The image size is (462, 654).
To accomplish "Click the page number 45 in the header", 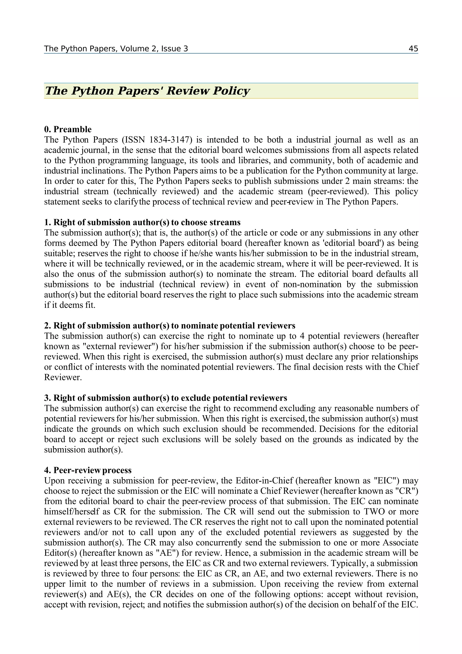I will [x=413, y=49].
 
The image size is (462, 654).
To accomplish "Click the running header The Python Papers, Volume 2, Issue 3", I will [x=116, y=49].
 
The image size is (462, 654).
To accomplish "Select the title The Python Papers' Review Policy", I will [x=147, y=91].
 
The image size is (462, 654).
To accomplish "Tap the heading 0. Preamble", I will [x=68, y=129].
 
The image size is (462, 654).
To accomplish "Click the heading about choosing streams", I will [x=142, y=222].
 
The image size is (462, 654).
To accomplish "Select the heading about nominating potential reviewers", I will [x=170, y=326].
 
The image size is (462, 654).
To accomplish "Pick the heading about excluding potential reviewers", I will [x=166, y=398].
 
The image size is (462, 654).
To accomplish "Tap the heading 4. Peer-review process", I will [x=88, y=470].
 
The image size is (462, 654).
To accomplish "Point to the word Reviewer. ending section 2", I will [x=63, y=377].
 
